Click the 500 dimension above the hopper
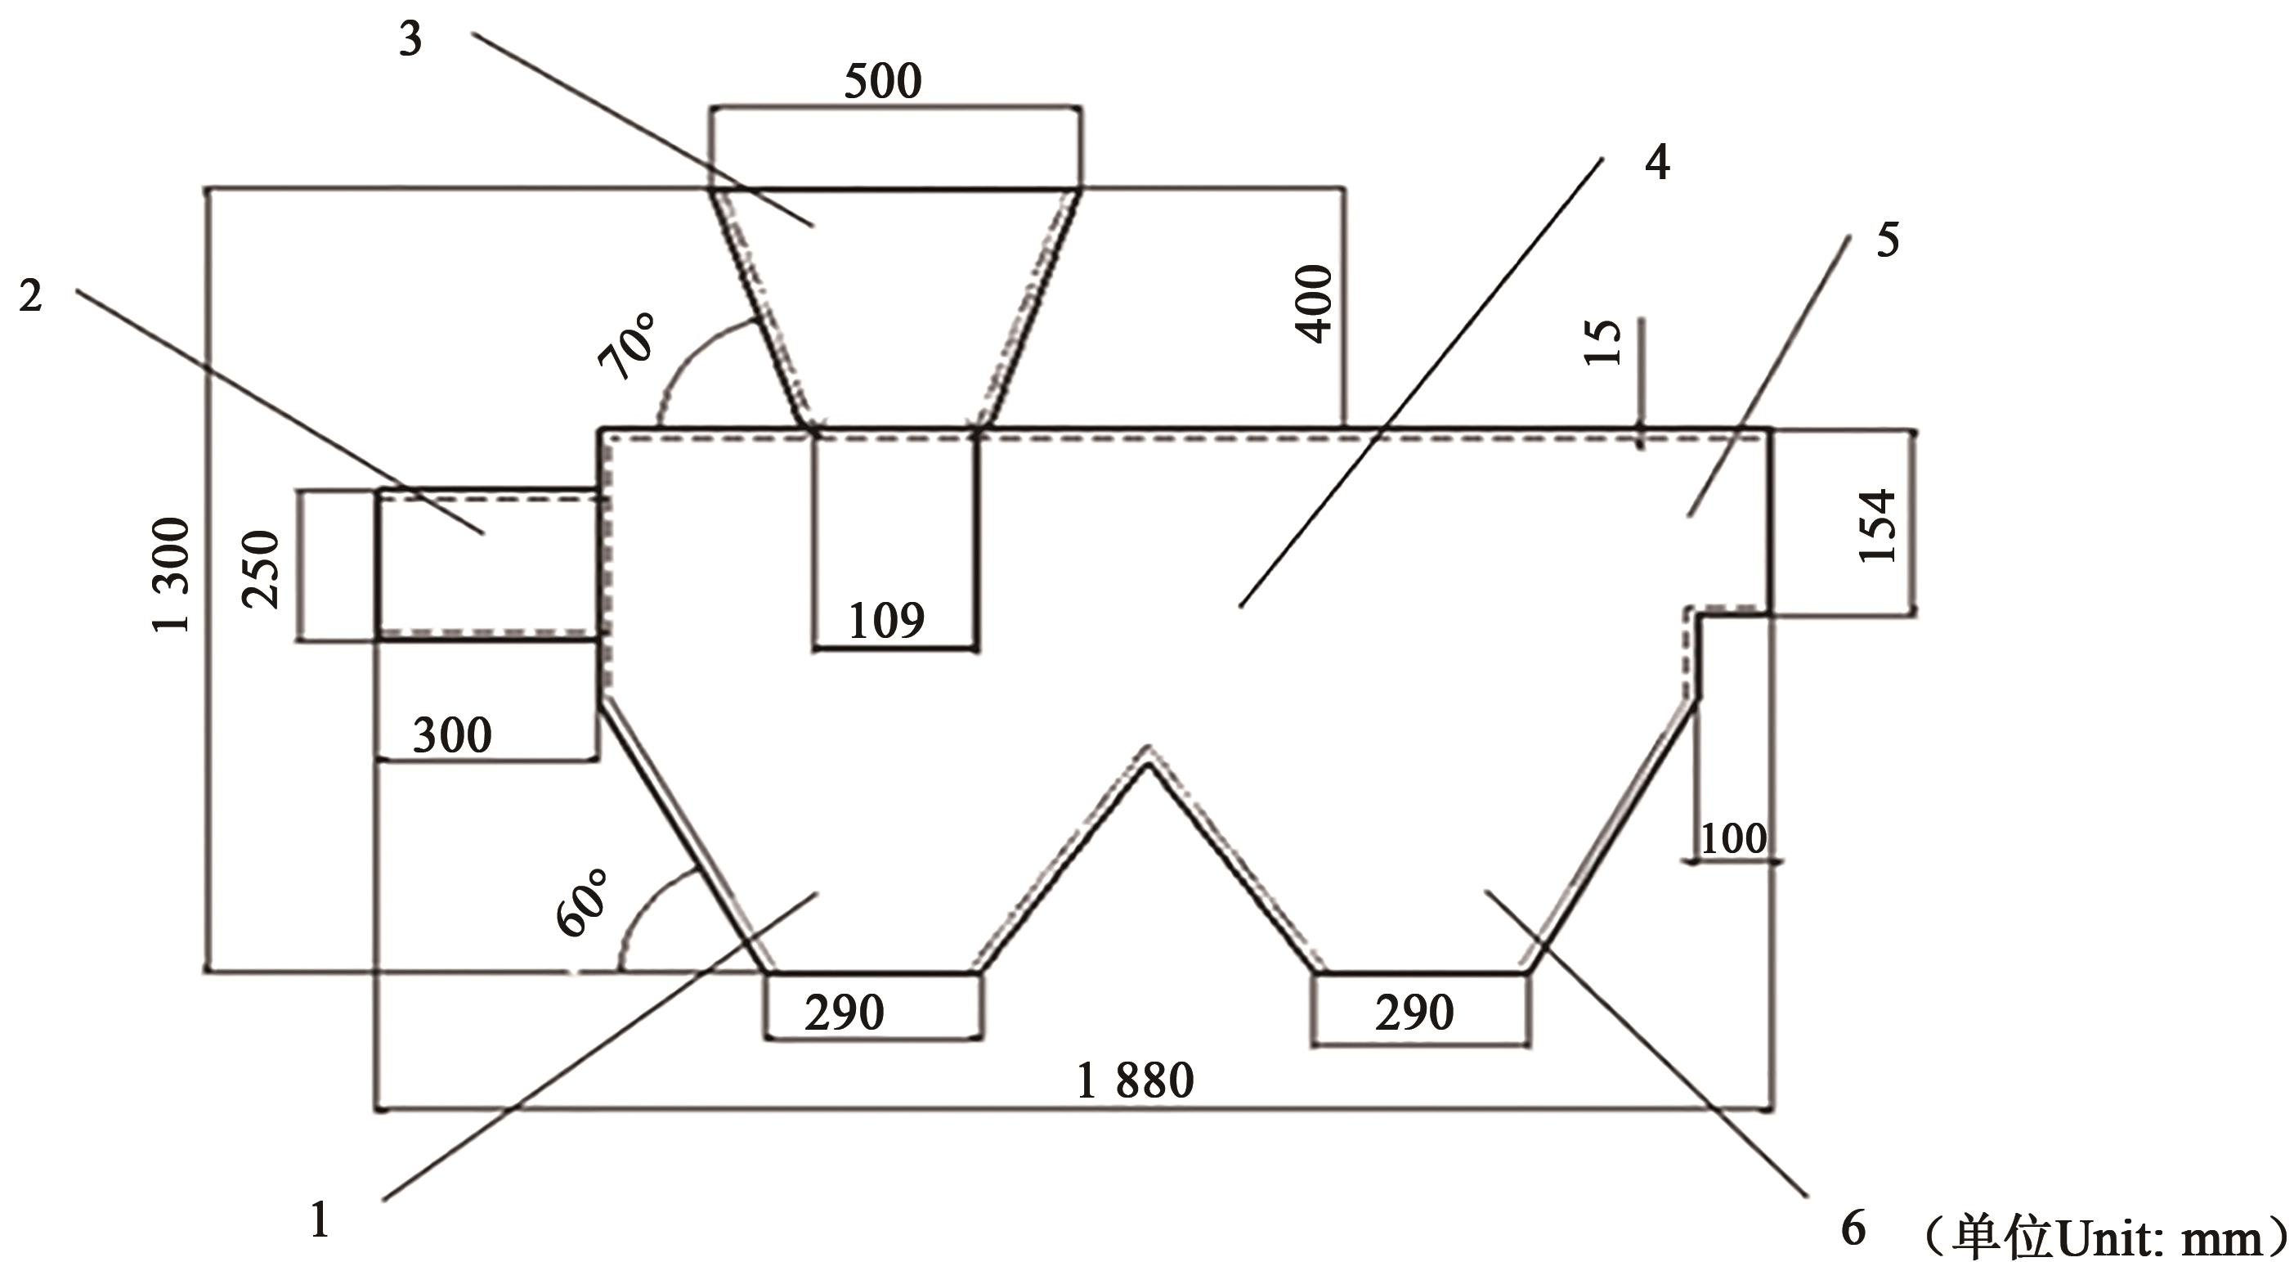pyautogui.click(x=881, y=81)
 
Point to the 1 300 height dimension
pyautogui.click(x=172, y=574)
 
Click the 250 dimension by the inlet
pyautogui.click(x=262, y=568)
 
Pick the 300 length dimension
pyautogui.click(x=452, y=735)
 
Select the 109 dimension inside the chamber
pyautogui.click(x=886, y=621)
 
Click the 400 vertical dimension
pyautogui.click(x=1315, y=303)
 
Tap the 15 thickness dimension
pyautogui.click(x=1603, y=342)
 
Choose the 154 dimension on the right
pyautogui.click(x=1878, y=524)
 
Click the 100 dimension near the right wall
pyautogui.click(x=1733, y=839)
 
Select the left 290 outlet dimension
pyautogui.click(x=844, y=1013)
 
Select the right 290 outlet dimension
pyautogui.click(x=1414, y=1013)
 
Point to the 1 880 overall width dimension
pyautogui.click(x=1135, y=1081)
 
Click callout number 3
pyautogui.click(x=410, y=40)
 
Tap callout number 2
pyautogui.click(x=30, y=296)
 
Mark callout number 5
pyautogui.click(x=1887, y=240)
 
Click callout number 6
pyautogui.click(x=1853, y=1228)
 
